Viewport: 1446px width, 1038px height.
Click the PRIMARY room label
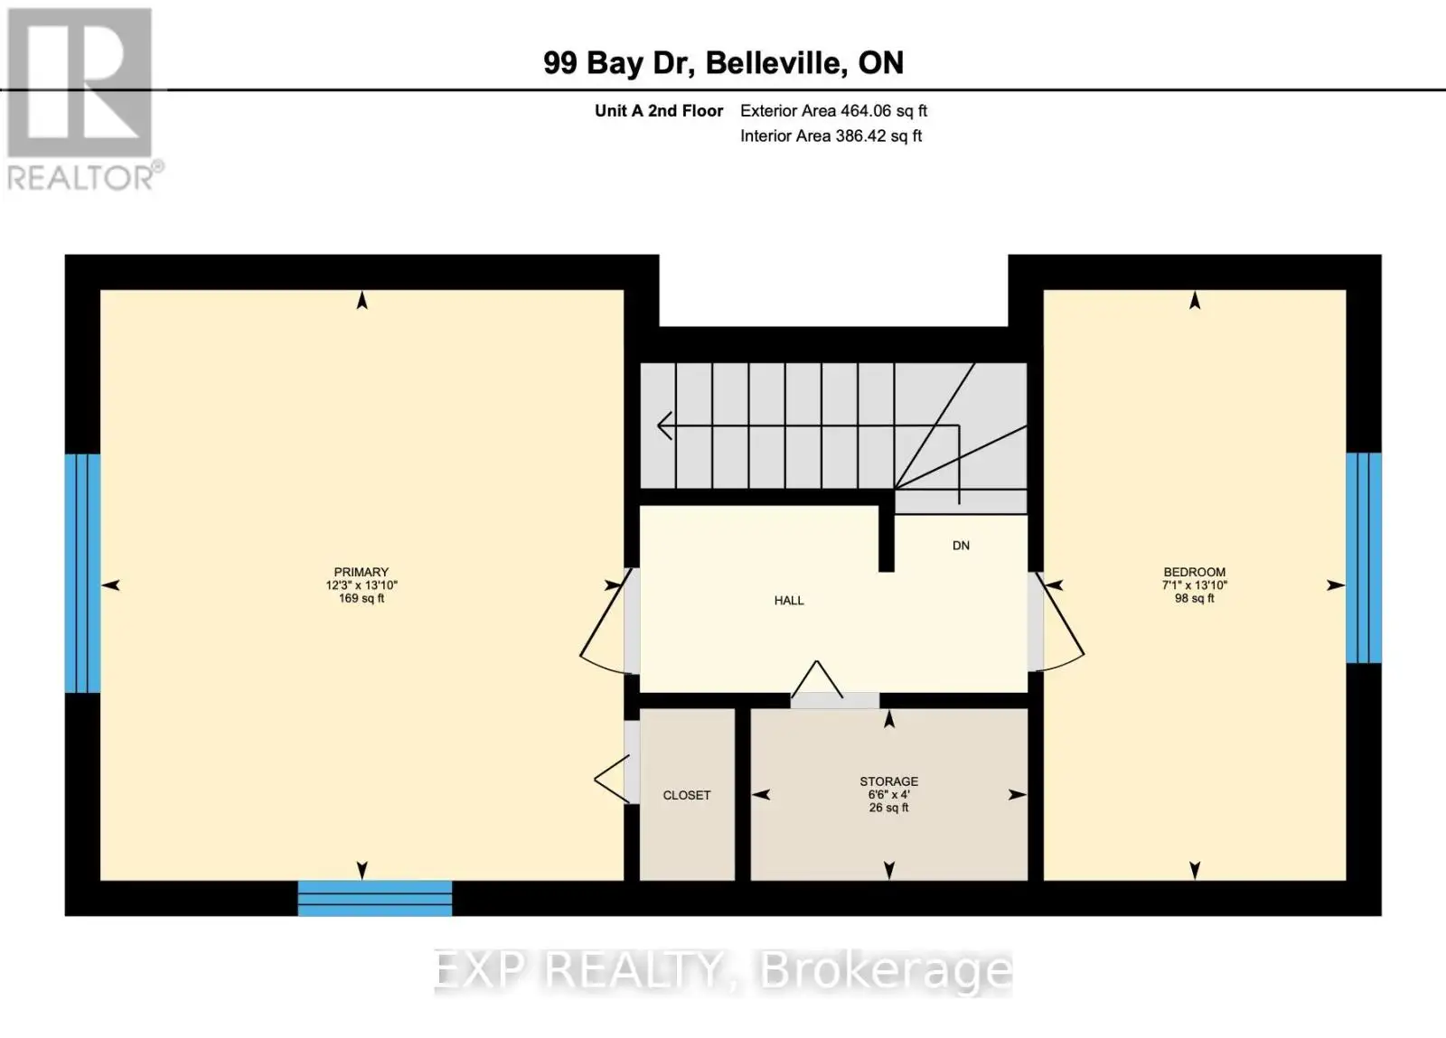[361, 572]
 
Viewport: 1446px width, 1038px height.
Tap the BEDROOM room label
[1194, 572]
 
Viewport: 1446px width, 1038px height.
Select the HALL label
[789, 601]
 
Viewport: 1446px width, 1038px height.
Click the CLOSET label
[686, 795]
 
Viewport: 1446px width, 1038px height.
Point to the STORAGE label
[889, 781]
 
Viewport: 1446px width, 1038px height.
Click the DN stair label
[961, 546]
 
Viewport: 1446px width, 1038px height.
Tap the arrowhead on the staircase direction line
[665, 425]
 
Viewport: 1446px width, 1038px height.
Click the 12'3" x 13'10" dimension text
[361, 585]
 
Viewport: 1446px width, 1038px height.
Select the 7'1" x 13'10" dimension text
[1194, 585]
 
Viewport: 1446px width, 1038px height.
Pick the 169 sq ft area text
[361, 599]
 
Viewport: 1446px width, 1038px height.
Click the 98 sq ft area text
[1194, 599]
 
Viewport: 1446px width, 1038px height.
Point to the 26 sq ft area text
[889, 808]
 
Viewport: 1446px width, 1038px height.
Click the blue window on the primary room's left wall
[82, 574]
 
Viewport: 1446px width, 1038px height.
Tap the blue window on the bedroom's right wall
[1364, 558]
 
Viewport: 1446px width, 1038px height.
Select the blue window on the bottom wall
[375, 898]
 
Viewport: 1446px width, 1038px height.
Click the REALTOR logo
[81, 100]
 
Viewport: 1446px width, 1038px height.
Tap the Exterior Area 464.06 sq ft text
[833, 111]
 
